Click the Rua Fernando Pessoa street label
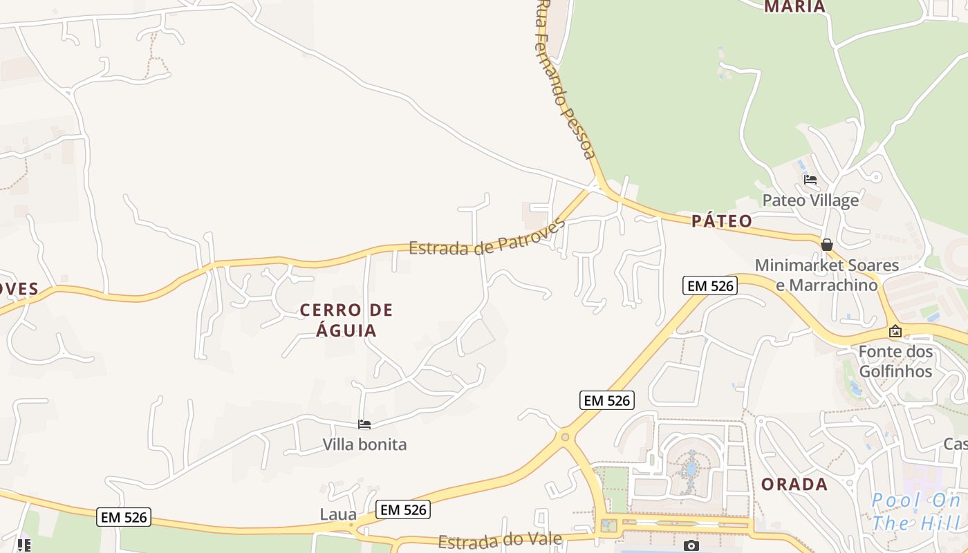click(564, 79)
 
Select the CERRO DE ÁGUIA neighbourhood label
click(346, 320)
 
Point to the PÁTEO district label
click(722, 221)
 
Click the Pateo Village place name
click(810, 200)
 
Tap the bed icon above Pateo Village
click(810, 180)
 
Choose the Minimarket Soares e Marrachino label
click(827, 274)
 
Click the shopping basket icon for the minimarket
click(826, 245)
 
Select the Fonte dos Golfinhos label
click(895, 362)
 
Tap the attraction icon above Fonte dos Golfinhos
click(895, 331)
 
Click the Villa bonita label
click(364, 444)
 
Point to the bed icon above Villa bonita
click(364, 424)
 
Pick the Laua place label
click(338, 514)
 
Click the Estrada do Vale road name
click(500, 540)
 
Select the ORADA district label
click(794, 485)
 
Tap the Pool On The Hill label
click(916, 512)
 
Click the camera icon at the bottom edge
click(691, 546)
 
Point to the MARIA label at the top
click(794, 7)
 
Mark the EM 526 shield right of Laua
click(404, 510)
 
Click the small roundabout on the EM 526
click(565, 437)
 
